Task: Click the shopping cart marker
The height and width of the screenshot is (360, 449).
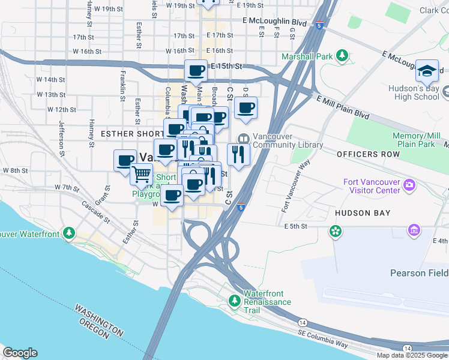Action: click(x=142, y=173)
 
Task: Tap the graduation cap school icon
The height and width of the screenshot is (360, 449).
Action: click(x=427, y=71)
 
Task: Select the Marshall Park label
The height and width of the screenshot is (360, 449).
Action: click(x=307, y=57)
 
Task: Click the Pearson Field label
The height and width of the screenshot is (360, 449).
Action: click(x=419, y=273)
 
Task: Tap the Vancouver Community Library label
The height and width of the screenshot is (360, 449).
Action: click(x=288, y=141)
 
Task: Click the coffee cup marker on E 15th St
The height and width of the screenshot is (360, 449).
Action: click(x=196, y=71)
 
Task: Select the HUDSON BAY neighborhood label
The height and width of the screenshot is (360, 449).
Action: click(x=363, y=213)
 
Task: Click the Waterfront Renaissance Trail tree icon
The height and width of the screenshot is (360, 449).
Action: click(x=235, y=299)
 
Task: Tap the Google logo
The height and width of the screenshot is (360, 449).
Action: click(x=20, y=353)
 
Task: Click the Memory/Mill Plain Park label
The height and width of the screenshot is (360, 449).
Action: click(x=414, y=140)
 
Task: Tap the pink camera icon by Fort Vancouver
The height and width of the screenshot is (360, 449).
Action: click(x=410, y=183)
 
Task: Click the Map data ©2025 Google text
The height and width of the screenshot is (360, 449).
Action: click(x=411, y=355)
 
